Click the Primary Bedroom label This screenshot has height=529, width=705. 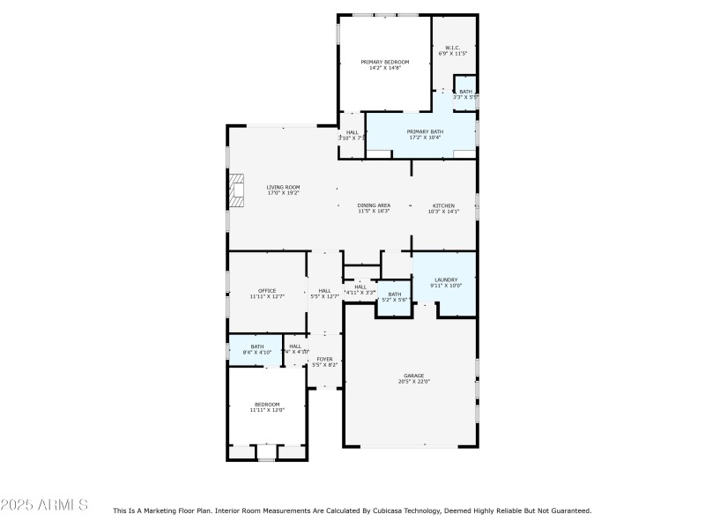coord(385,62)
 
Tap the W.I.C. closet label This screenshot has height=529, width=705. coord(452,48)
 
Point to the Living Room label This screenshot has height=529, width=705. coord(284,187)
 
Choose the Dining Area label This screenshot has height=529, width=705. coord(374,205)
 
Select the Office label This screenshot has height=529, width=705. coord(267,290)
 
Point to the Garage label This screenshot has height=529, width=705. coord(414,375)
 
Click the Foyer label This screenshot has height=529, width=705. coord(324,359)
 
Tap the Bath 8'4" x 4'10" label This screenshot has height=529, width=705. coord(256,346)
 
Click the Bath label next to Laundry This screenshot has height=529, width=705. coord(395,294)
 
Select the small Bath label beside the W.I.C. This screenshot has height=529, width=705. coord(465,92)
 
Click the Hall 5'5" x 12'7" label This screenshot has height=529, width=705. coord(324,290)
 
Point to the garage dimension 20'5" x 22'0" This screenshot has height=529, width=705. coord(414,381)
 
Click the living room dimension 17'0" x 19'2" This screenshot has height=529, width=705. coord(284,193)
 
